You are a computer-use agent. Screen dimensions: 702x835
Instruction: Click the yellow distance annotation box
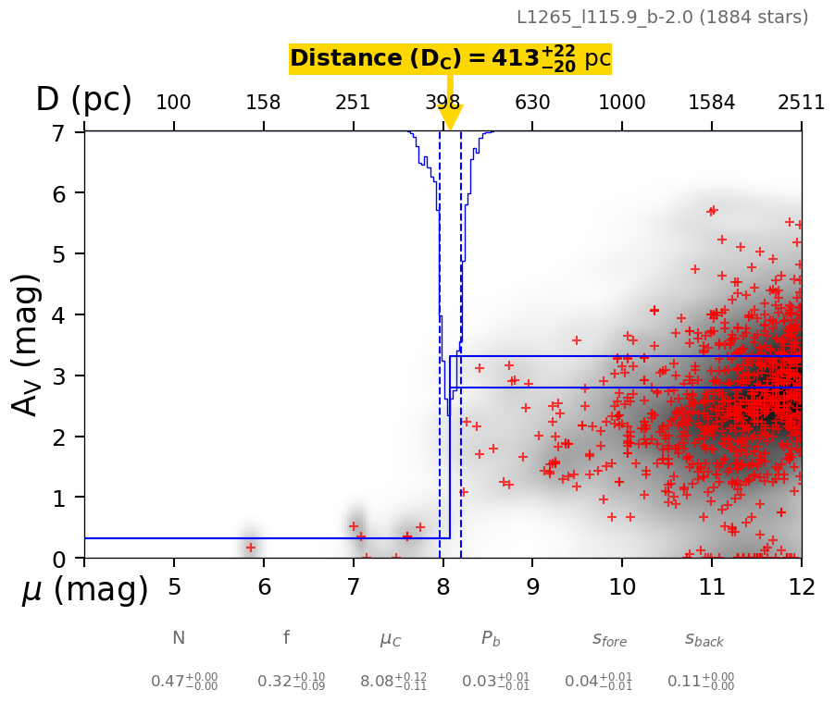[450, 59]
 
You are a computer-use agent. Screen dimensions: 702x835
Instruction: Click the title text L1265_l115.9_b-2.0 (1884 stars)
[662, 17]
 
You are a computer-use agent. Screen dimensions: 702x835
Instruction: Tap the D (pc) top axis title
[83, 100]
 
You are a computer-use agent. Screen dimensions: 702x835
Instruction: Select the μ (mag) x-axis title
[85, 589]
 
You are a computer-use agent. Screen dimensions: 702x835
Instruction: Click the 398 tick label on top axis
[442, 103]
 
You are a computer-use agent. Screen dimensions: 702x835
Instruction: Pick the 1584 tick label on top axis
[711, 103]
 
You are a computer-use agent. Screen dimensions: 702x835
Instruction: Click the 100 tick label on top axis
[173, 103]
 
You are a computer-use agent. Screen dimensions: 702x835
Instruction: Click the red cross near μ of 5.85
[251, 548]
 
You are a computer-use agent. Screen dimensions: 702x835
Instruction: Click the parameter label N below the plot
[179, 638]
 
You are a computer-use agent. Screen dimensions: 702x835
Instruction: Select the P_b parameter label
[491, 638]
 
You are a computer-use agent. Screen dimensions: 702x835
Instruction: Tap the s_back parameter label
[704, 638]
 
